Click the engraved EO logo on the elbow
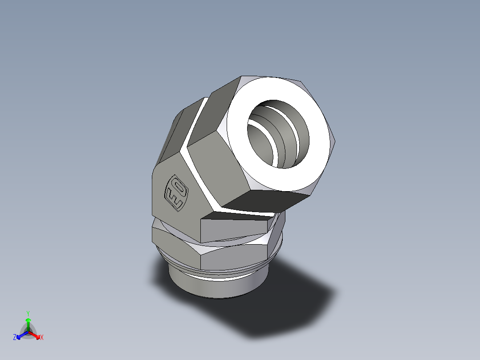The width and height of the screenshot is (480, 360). (x=177, y=192)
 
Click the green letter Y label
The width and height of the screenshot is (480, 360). (x=28, y=313)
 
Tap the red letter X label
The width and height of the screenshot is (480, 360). (x=42, y=338)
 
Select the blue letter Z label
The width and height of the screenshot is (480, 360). (x=15, y=338)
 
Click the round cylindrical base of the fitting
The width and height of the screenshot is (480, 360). (x=214, y=287)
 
